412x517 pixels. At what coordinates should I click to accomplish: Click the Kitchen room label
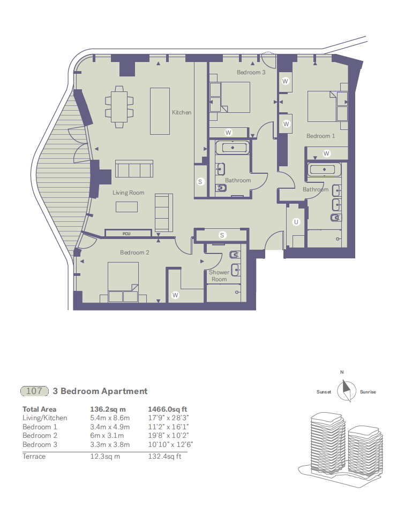(x=182, y=112)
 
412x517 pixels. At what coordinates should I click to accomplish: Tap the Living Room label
(x=129, y=192)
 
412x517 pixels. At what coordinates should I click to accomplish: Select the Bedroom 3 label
(x=251, y=72)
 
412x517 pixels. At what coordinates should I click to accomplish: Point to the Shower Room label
(x=219, y=276)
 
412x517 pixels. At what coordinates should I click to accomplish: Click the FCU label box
(x=126, y=233)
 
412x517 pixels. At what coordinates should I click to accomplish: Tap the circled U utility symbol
(x=295, y=222)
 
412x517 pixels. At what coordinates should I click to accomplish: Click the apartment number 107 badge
(x=34, y=391)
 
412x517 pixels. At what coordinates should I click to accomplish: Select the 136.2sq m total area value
(x=107, y=409)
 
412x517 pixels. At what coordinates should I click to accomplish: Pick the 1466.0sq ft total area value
(x=166, y=409)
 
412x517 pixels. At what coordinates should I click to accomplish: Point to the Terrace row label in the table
(x=34, y=457)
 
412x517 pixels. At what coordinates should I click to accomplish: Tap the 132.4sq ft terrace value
(x=164, y=457)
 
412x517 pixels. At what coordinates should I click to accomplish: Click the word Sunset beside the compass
(x=324, y=392)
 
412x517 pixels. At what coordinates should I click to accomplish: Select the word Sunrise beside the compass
(x=368, y=392)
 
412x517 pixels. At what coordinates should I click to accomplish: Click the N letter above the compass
(x=341, y=372)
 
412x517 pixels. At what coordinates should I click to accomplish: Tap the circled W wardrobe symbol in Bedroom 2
(x=175, y=295)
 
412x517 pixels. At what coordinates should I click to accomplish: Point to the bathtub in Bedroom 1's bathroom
(x=327, y=170)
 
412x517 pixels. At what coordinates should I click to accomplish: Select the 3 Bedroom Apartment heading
(x=100, y=391)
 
